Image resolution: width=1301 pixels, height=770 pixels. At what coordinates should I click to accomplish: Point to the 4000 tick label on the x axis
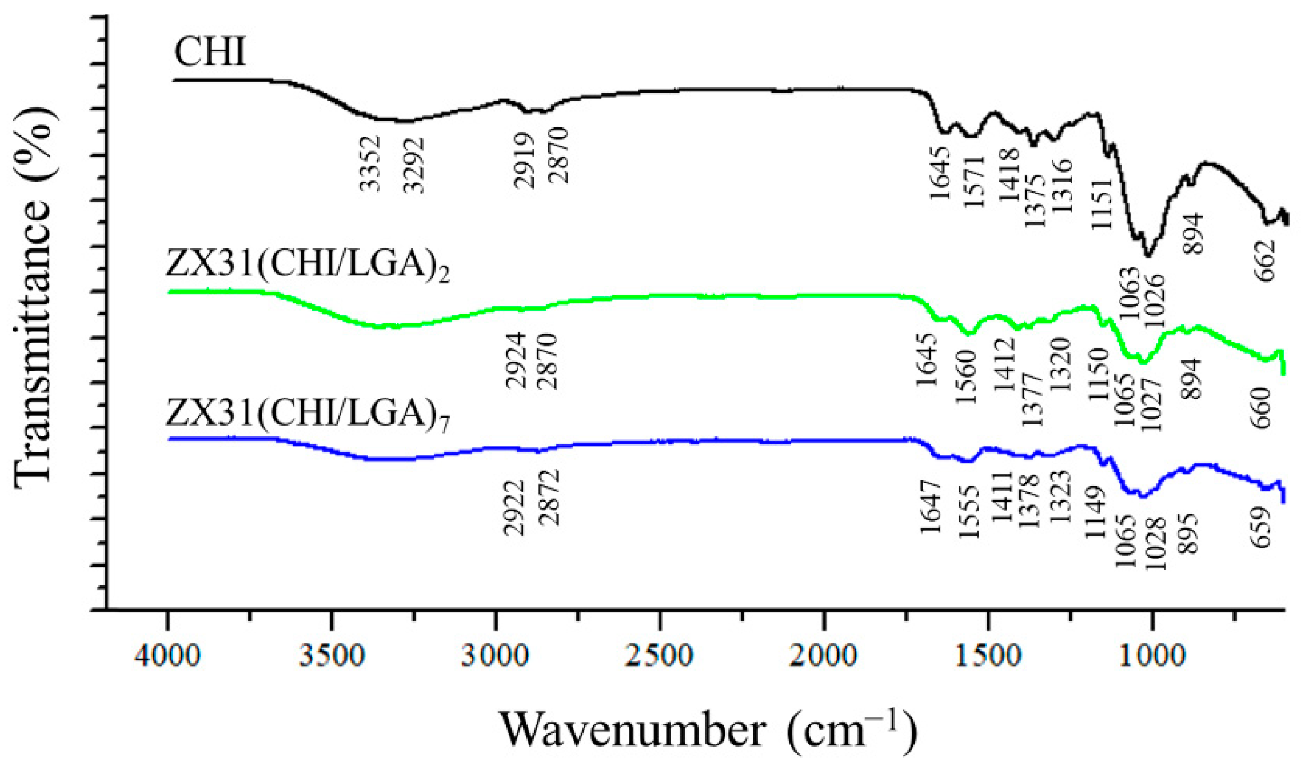tap(167, 655)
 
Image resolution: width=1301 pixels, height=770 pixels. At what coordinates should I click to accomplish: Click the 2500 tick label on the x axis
tap(660, 655)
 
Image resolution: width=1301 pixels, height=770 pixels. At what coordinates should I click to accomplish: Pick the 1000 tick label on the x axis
tap(1152, 655)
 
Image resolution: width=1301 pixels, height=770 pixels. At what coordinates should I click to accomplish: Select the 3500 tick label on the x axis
tap(332, 655)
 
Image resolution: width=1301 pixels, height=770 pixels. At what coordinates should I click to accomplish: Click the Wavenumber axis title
tap(709, 729)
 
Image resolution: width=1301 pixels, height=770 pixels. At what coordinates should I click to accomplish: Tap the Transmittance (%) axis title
tap(34, 297)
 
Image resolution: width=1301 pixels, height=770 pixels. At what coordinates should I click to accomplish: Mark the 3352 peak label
tap(370, 163)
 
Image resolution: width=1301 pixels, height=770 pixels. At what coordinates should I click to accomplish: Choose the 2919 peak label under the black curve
tap(524, 161)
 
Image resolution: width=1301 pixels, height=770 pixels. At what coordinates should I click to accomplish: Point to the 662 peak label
tap(1265, 260)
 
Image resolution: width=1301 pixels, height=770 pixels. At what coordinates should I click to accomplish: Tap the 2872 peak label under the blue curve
tap(549, 498)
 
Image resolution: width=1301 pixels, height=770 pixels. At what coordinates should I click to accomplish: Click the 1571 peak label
tap(975, 182)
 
